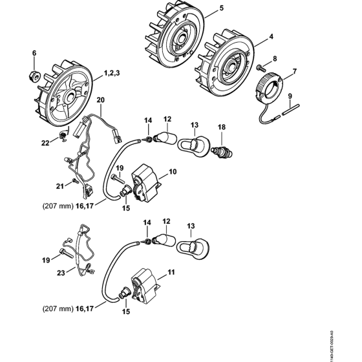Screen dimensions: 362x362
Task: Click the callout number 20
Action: tap(100, 100)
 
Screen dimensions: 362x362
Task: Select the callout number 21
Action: tap(59, 186)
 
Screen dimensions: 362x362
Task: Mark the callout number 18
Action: tap(223, 128)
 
